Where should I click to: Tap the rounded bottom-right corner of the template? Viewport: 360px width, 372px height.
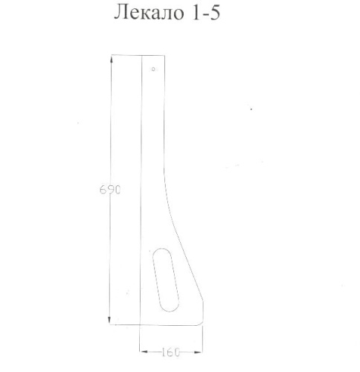coord(202,318)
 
